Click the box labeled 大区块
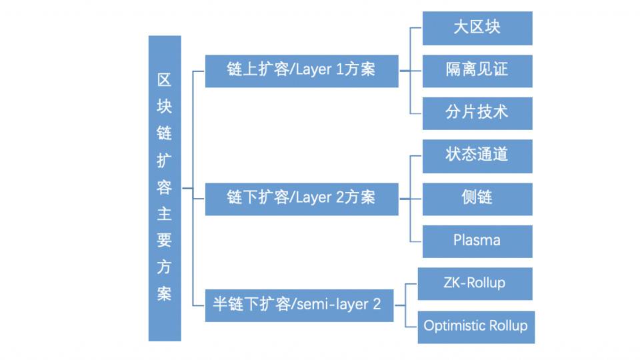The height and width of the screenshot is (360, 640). click(x=477, y=28)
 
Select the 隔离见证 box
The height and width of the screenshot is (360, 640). click(x=477, y=70)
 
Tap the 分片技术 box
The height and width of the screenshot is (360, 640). click(x=477, y=112)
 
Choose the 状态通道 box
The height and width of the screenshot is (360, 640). click(x=477, y=155)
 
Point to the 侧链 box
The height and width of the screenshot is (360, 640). click(x=477, y=198)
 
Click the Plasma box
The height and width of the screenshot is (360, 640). click(x=477, y=241)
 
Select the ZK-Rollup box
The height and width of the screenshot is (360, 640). click(x=475, y=283)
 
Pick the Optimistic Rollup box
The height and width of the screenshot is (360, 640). click(x=476, y=326)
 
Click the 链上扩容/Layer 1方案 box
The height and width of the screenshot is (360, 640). click(x=301, y=70)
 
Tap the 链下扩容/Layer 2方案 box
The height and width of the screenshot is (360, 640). click(x=301, y=198)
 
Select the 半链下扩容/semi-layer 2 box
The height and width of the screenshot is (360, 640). click(x=299, y=305)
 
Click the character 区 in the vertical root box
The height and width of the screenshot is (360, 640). click(x=164, y=81)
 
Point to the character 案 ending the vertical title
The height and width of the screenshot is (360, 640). click(x=164, y=293)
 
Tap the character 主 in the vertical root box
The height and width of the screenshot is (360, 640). click(x=164, y=214)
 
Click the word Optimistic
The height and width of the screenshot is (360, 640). click(x=455, y=326)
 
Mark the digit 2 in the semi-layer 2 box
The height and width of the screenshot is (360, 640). click(x=377, y=305)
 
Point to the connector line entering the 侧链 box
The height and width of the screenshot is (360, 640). click(x=415, y=198)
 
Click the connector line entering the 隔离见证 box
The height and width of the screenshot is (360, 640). click(x=415, y=70)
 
